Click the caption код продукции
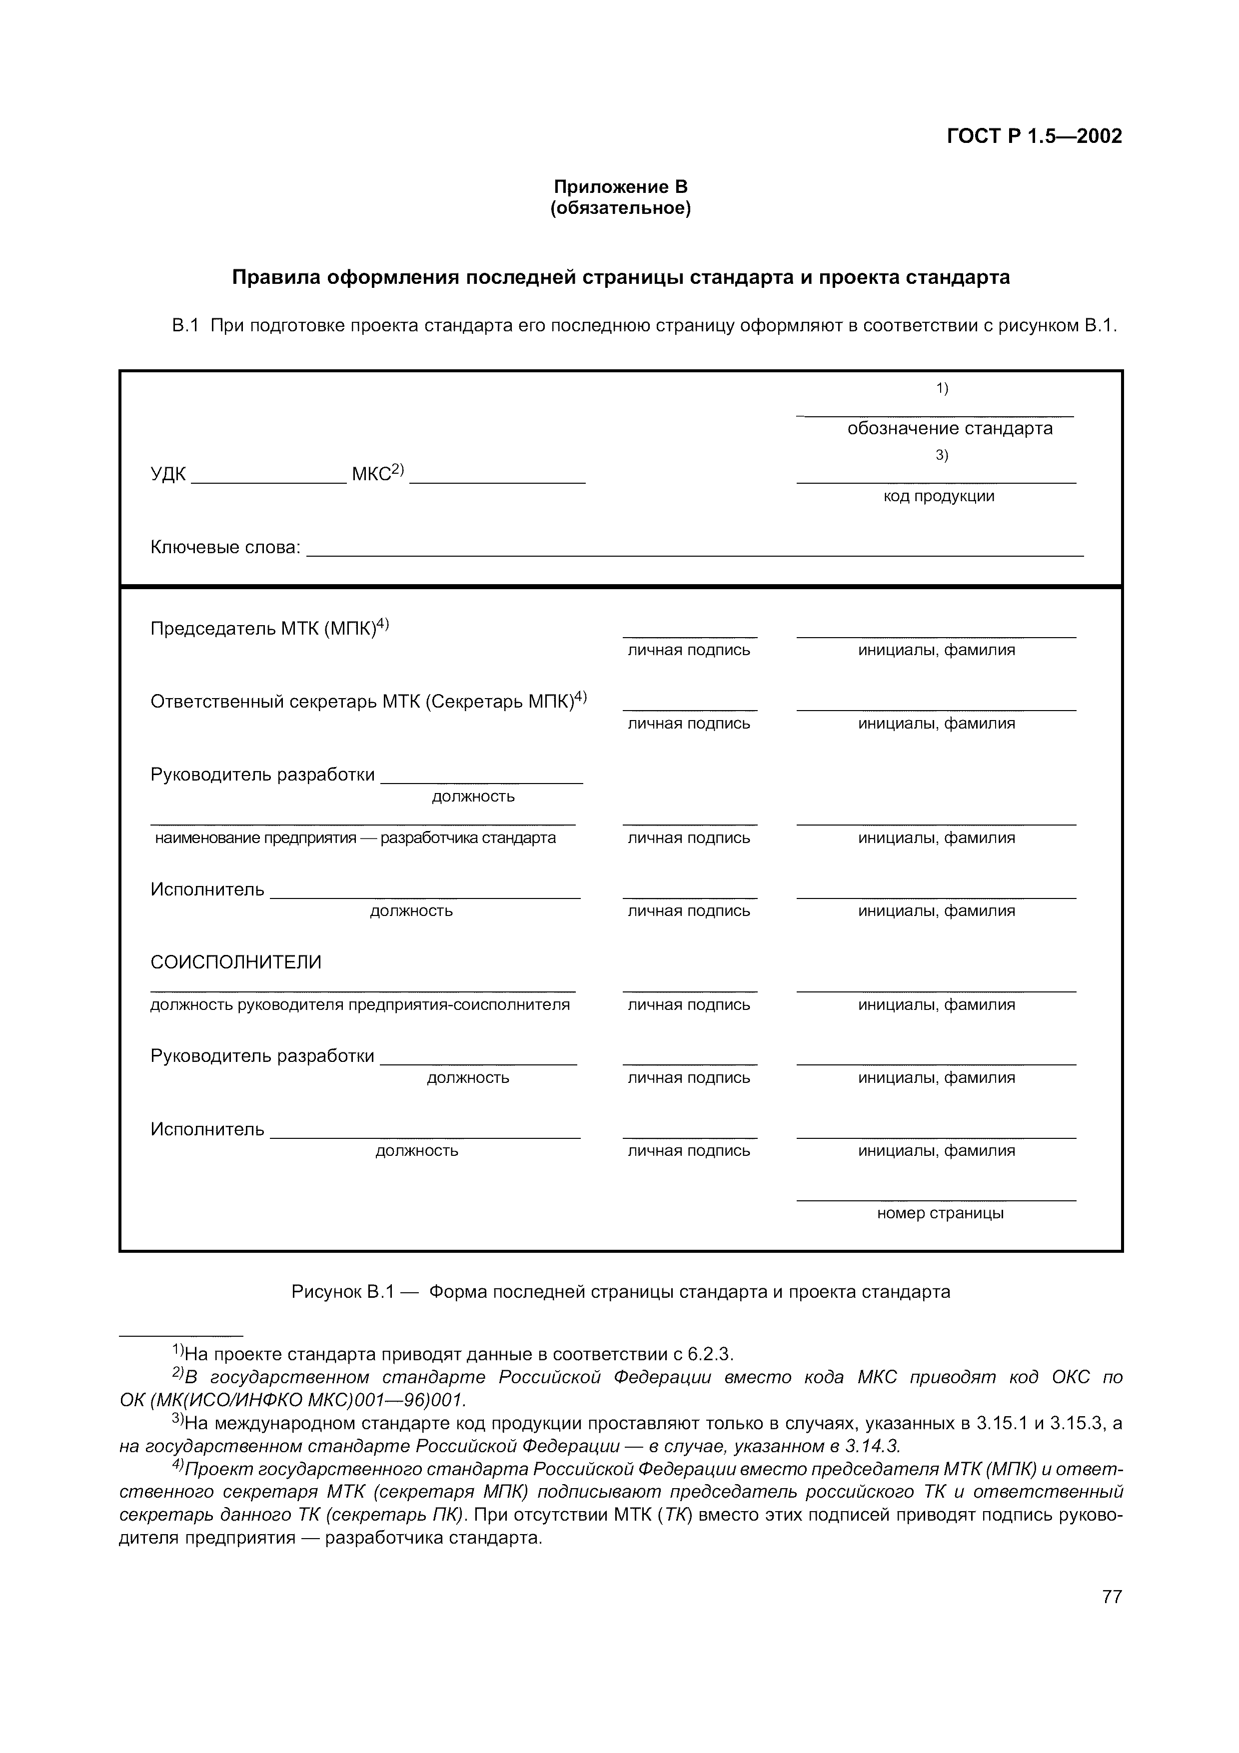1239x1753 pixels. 938,496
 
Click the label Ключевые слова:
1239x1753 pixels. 226,547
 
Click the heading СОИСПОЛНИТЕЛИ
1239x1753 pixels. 236,962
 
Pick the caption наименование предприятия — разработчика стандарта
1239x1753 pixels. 355,839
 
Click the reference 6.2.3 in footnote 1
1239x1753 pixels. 709,1354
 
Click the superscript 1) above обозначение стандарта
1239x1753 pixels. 942,389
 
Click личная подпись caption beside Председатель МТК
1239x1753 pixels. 689,651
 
